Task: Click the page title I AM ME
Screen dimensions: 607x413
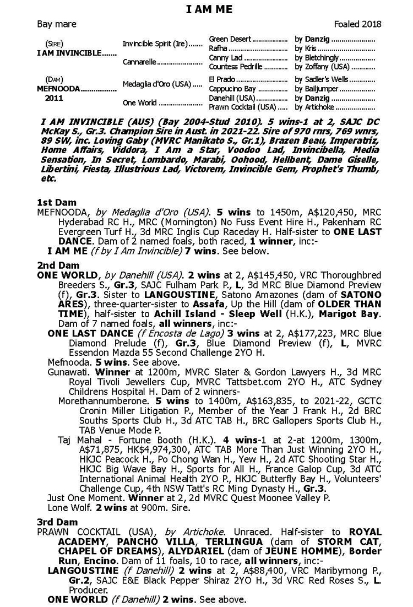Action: [x=209, y=10]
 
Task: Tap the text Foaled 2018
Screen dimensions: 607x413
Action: [x=357, y=24]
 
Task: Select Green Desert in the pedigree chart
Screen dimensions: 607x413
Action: [x=230, y=39]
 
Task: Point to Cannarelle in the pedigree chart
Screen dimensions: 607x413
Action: [x=139, y=62]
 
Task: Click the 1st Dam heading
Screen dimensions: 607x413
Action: [x=57, y=202]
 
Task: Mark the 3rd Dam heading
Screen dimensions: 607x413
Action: [x=58, y=522]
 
